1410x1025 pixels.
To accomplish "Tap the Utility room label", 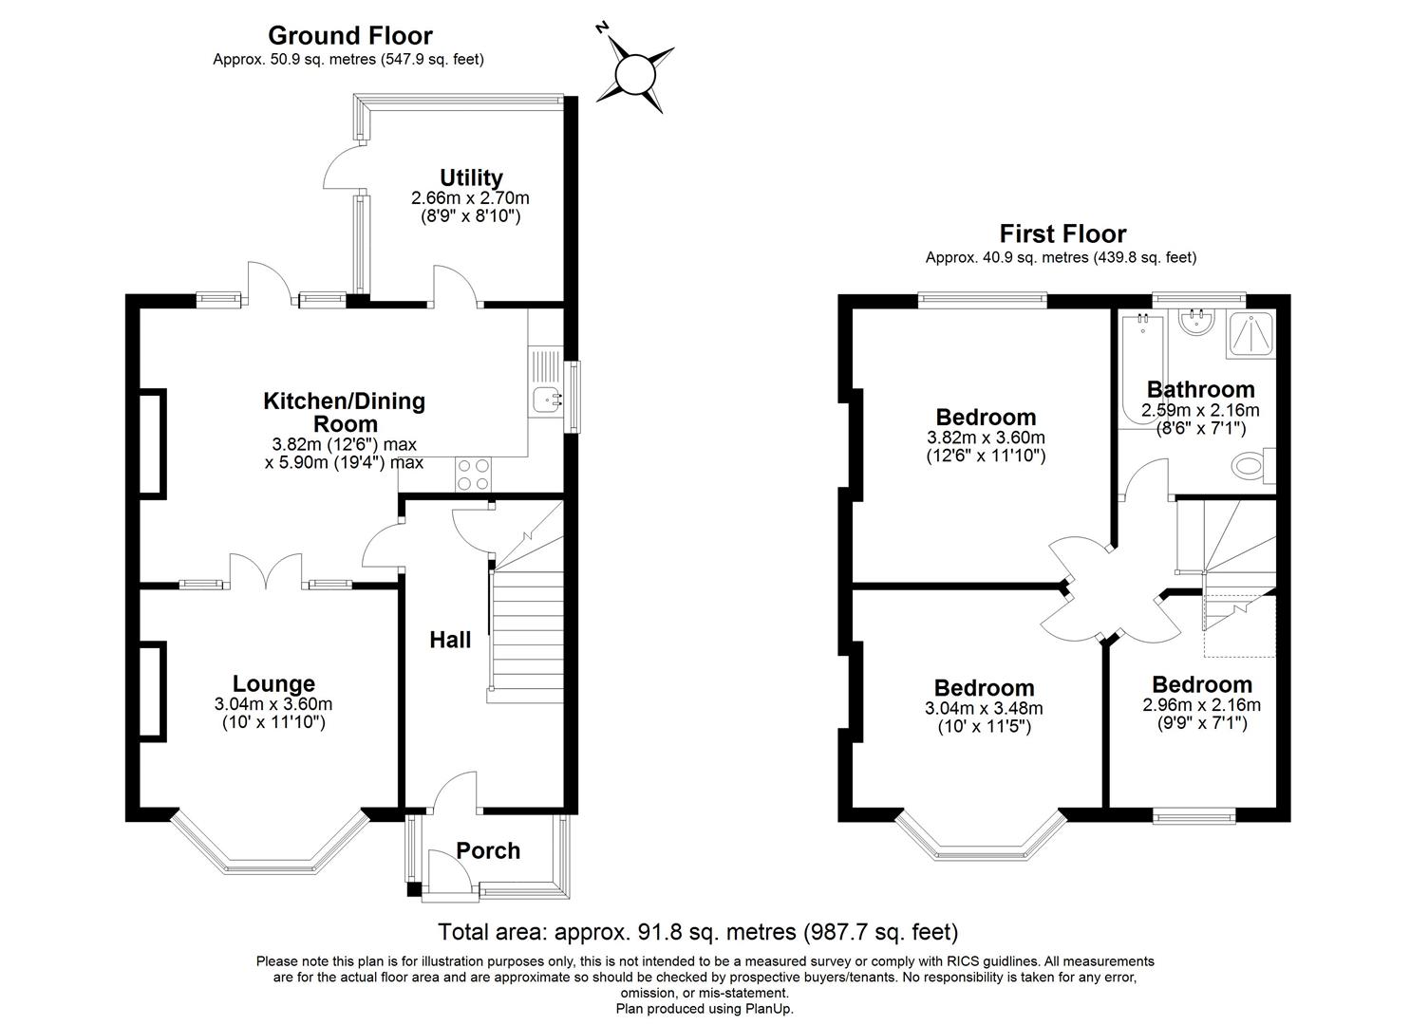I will (x=470, y=177).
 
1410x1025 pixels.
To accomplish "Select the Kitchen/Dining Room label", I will (x=344, y=412).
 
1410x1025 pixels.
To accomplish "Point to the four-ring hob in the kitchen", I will (x=474, y=475).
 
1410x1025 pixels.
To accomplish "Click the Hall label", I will (x=450, y=640).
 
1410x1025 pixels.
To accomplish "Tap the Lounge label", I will (x=273, y=683).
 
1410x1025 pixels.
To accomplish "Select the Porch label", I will (x=488, y=850).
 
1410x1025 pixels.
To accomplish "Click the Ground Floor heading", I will (x=349, y=35).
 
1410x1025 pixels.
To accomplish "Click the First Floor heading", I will (x=1062, y=233).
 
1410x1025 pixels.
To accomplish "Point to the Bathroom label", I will (x=1200, y=389).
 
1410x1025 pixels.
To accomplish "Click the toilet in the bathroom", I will (x=1251, y=466).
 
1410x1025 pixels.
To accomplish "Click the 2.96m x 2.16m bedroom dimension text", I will (x=1201, y=705).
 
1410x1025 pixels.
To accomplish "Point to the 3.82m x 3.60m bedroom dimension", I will (x=986, y=438).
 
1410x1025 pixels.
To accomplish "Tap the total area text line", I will (x=698, y=931).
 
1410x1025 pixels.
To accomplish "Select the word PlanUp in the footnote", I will (x=770, y=1009).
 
